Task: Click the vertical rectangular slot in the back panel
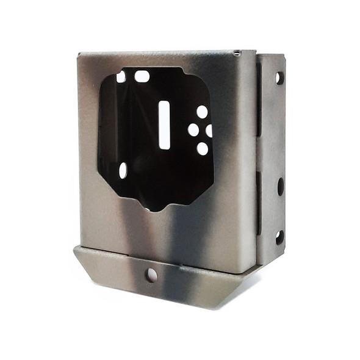point(164,124)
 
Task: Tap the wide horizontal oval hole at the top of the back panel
point(142,76)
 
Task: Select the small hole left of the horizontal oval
point(121,77)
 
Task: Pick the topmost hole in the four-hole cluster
point(202,112)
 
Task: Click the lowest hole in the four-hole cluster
point(202,148)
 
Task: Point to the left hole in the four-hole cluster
point(193,129)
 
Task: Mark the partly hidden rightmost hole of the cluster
point(209,130)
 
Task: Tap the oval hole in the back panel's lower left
point(123,170)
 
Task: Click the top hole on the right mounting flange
point(279,77)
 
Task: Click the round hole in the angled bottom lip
point(151,275)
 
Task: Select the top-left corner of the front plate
point(79,54)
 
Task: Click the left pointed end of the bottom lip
point(74,248)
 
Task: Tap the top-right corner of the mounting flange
point(284,56)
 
